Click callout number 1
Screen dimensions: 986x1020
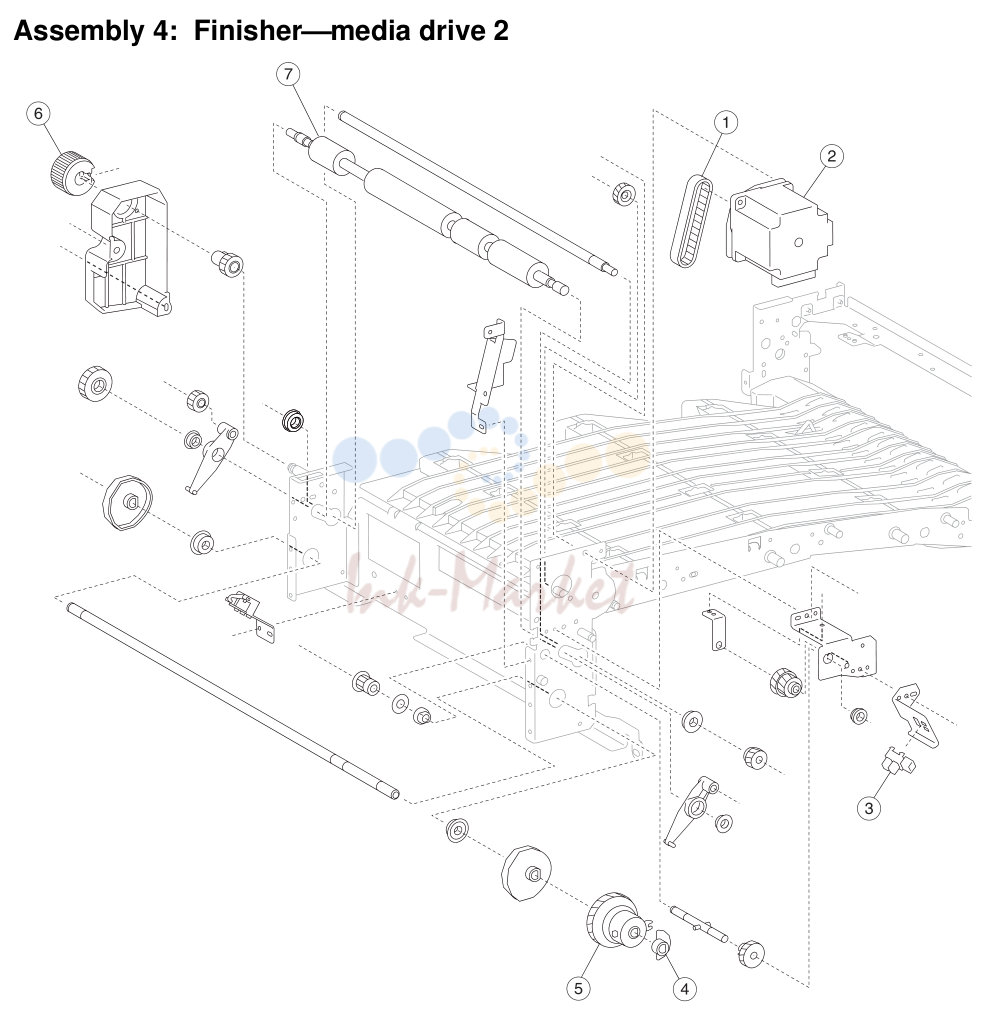pos(726,122)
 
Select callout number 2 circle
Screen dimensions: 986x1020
pos(831,156)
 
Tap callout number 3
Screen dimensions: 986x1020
pos(869,808)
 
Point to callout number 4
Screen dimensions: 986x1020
pos(684,989)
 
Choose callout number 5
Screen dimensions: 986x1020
pos(578,989)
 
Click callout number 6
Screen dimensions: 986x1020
pos(38,114)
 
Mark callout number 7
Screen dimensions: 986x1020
pos(288,74)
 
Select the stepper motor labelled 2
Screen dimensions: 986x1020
pos(779,232)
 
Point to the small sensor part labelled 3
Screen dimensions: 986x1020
pos(898,762)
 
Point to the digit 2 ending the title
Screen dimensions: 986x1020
pos(500,31)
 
